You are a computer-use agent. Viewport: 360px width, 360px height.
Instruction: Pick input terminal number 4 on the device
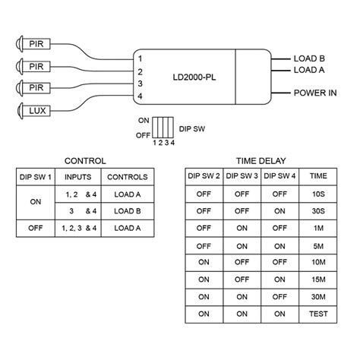[x=141, y=96]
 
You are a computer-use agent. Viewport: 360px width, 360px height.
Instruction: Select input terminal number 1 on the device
[x=141, y=58]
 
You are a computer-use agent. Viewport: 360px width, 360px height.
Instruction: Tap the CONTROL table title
[x=85, y=161]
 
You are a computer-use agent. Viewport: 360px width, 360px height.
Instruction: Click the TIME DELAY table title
[x=260, y=161]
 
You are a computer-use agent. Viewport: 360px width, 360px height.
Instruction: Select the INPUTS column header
[x=80, y=176]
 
